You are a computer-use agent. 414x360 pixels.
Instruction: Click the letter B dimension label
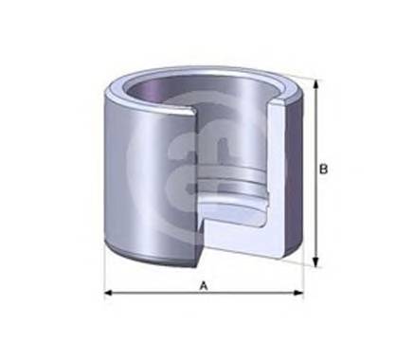click(x=323, y=171)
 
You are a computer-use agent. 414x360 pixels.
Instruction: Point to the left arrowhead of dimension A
click(x=107, y=293)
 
